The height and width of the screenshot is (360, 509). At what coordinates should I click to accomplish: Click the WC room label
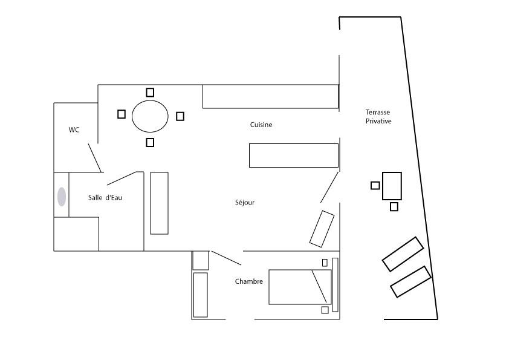(x=74, y=130)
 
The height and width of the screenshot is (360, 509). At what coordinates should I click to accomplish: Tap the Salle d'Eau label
(x=105, y=197)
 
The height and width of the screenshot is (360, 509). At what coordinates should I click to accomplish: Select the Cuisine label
(x=261, y=125)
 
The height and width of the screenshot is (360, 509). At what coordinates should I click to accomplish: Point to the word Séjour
(x=245, y=203)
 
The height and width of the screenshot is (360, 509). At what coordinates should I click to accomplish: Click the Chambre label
(x=249, y=281)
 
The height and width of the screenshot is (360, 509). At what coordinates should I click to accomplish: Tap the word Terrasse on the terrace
(x=378, y=113)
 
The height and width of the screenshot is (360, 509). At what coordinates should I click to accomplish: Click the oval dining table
(x=150, y=116)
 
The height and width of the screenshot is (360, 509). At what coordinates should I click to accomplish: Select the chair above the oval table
(x=150, y=93)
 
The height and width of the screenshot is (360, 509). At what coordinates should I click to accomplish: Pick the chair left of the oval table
(x=122, y=114)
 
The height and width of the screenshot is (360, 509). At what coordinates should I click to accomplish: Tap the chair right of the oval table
(x=180, y=116)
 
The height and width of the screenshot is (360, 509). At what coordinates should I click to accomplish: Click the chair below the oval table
(x=150, y=142)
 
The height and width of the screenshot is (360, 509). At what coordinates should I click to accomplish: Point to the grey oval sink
(x=62, y=197)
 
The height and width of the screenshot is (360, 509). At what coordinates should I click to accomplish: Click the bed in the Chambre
(x=300, y=287)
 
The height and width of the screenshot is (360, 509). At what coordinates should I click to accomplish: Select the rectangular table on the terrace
(x=392, y=186)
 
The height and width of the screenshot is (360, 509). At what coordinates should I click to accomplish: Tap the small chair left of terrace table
(x=375, y=186)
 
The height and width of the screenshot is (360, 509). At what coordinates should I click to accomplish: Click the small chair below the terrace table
(x=394, y=207)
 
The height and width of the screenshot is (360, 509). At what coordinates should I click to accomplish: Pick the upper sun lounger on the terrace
(x=403, y=254)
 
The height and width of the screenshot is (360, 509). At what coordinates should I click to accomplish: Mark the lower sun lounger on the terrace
(x=410, y=282)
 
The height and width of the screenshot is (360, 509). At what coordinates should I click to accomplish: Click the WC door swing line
(x=95, y=158)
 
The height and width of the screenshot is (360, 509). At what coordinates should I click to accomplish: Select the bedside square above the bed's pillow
(x=325, y=263)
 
